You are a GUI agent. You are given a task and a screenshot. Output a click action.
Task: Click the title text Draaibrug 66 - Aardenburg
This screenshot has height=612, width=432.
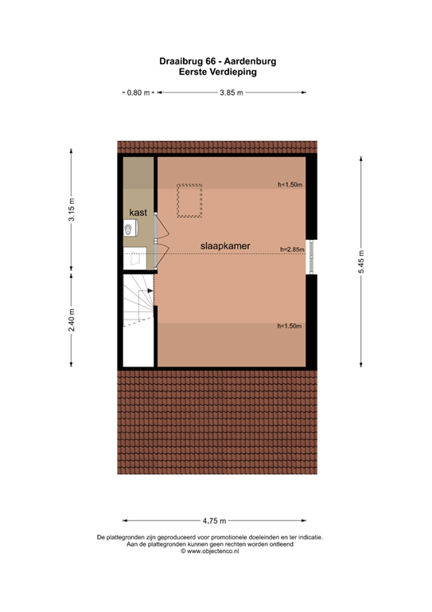point(217,61)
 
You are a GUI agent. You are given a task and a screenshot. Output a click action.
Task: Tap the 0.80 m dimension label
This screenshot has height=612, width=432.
point(138,93)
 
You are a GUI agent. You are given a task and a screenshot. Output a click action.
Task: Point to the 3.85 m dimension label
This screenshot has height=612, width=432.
point(232,93)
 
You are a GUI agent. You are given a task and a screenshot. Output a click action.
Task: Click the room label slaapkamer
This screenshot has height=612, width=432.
point(226,247)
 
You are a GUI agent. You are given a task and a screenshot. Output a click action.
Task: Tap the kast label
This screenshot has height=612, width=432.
point(138,212)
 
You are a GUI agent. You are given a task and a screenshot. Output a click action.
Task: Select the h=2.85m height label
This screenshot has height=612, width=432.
point(291,249)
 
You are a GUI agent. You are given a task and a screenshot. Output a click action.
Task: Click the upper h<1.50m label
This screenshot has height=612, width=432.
point(290,185)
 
